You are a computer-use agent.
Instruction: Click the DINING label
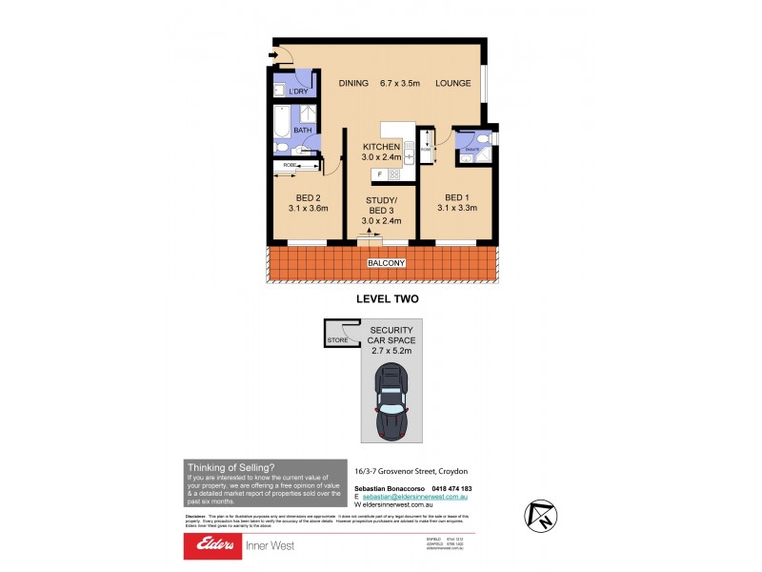point(353,84)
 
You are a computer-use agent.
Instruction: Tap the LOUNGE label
point(453,84)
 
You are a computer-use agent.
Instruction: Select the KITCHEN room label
point(381,146)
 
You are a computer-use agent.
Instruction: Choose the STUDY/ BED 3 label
point(381,205)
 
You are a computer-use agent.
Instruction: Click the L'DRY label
point(298,92)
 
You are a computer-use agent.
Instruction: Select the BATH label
point(303,130)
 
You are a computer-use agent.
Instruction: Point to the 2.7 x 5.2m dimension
point(391,351)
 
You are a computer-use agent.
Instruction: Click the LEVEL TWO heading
point(388,298)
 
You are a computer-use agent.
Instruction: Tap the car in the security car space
point(392,400)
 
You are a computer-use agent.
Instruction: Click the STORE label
point(337,339)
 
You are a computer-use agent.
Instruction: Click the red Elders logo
point(216,545)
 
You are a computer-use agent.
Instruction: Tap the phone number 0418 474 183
point(445,488)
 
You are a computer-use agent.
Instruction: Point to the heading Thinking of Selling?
point(231,467)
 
